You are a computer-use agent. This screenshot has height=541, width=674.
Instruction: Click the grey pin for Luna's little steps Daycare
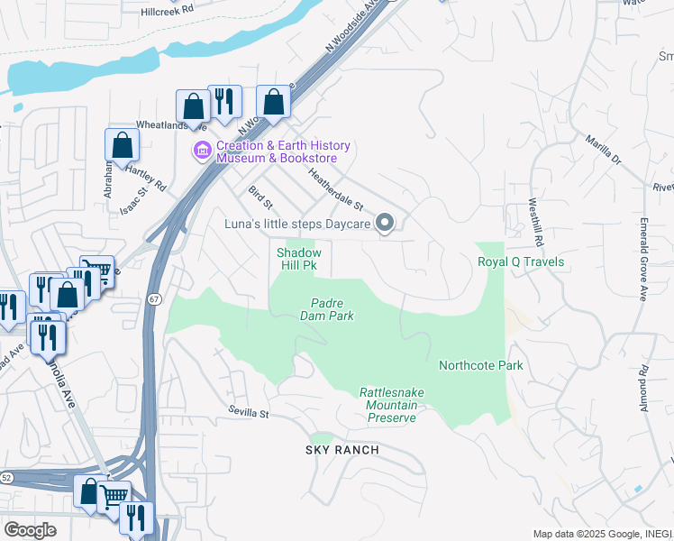coord(385,222)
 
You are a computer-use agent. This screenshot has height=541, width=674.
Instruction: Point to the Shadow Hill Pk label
coord(297,260)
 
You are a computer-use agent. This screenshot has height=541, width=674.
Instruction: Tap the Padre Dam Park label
coord(326,310)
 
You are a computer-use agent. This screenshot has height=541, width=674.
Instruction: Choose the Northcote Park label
coord(480,365)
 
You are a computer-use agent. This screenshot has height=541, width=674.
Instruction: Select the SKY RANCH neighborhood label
coord(342,450)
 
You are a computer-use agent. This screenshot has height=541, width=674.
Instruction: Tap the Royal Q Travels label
coord(520,262)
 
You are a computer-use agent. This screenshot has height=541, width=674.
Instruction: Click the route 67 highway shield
coord(155,298)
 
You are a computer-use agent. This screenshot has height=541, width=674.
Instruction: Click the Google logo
coord(30,529)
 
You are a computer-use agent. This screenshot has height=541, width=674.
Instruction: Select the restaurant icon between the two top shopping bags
coord(224,101)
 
